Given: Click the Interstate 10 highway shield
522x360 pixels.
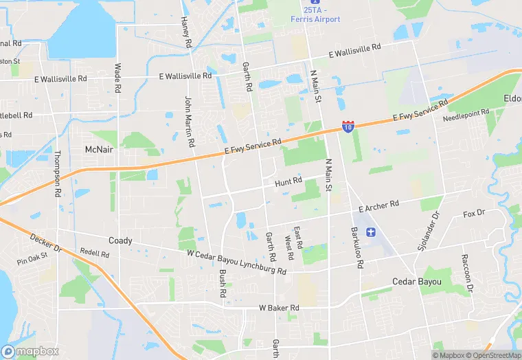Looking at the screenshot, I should pos(348,126).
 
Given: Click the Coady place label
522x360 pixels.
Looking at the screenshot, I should pos(120,240).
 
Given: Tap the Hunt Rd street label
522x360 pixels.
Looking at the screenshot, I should pos(288,181).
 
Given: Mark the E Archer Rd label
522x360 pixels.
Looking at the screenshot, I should pos(378,205).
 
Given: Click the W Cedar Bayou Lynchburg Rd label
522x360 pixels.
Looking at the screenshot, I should pos(236,262).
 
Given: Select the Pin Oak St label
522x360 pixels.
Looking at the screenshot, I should pos(32,259).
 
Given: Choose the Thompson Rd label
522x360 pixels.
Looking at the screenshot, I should pos(57,173).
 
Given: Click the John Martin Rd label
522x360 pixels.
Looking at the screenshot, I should pos(189,122).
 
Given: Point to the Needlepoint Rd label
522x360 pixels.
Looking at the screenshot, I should pos(466,114).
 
